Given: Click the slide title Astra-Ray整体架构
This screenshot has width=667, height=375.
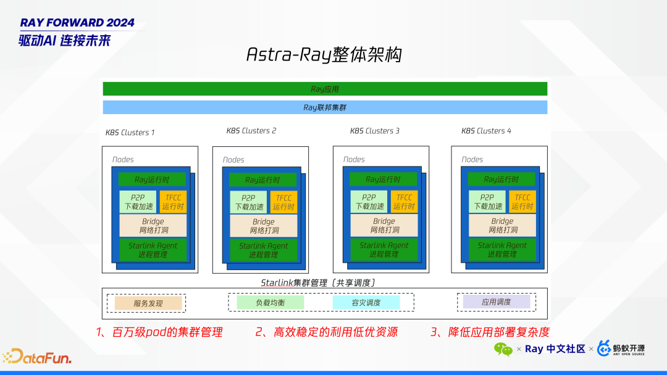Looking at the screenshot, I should click(324, 54).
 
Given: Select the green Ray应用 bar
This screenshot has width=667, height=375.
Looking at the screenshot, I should click(325, 89).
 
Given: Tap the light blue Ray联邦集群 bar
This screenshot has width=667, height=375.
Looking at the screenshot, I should click(325, 107).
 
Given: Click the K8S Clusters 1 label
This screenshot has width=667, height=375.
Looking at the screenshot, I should click(130, 133).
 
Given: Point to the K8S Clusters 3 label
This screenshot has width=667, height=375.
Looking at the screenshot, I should click(374, 131).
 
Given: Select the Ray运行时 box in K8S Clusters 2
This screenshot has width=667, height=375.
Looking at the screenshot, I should click(262, 180).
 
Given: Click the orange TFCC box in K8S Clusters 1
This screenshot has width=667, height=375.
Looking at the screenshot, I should click(173, 202).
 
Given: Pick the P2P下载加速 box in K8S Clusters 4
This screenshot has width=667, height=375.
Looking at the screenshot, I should click(486, 202).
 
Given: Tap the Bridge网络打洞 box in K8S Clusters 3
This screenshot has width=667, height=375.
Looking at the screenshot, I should click(384, 225).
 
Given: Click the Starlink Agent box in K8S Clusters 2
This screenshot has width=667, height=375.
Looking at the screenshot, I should click(264, 250).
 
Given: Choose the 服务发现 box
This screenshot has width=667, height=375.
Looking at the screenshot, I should click(148, 303).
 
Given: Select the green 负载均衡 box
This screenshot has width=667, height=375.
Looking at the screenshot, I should click(271, 303).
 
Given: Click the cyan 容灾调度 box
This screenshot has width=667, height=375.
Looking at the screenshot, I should click(366, 303).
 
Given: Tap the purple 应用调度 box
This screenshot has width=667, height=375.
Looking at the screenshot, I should click(497, 302).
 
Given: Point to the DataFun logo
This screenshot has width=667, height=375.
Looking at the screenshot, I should click(37, 356).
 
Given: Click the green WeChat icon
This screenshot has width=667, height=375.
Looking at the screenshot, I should click(503, 349).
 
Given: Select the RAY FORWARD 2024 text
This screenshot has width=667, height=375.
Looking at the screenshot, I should click(77, 23).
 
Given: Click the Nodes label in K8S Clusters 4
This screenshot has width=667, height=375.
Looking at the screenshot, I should click(472, 159).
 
